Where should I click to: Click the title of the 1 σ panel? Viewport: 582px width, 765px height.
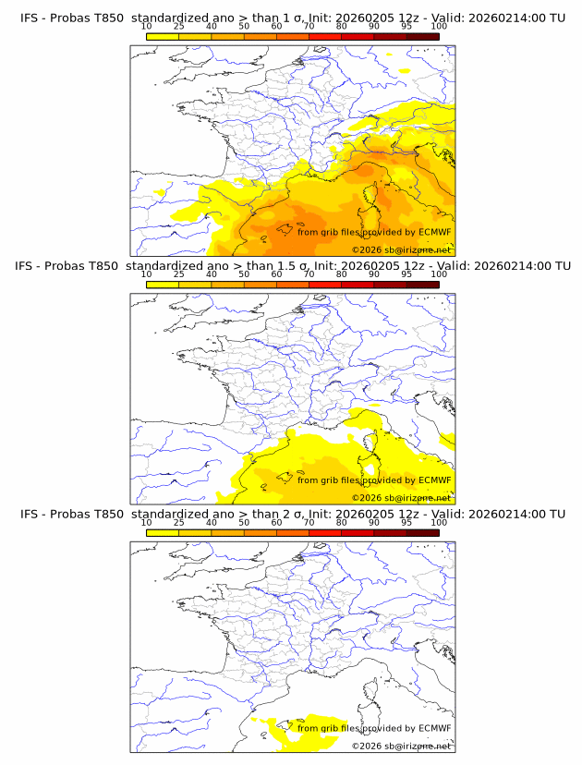[292, 17]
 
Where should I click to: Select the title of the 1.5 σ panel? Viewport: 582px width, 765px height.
[292, 266]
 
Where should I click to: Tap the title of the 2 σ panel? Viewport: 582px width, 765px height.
[292, 514]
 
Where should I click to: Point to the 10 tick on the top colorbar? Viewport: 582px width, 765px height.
[147, 26]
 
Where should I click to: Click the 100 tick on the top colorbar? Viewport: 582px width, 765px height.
[439, 26]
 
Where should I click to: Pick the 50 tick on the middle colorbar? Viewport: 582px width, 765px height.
[244, 274]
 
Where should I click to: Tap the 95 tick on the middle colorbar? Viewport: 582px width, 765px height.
[406, 274]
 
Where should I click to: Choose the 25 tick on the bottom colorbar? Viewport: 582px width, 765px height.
[179, 523]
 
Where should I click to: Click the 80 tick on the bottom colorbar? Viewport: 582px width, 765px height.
[342, 523]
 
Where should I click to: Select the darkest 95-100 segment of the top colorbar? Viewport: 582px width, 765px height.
[422, 36]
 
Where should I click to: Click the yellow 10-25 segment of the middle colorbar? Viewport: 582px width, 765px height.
[163, 285]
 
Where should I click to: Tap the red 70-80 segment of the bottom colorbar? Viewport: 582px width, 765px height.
[325, 533]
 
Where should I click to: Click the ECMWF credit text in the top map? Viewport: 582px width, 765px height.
[374, 232]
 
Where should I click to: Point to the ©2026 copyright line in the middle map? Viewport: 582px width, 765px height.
[401, 497]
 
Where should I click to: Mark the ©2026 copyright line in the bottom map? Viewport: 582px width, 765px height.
[401, 746]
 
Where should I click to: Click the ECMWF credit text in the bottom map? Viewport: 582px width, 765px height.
[374, 728]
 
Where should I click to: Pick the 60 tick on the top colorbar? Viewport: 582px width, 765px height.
[276, 26]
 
